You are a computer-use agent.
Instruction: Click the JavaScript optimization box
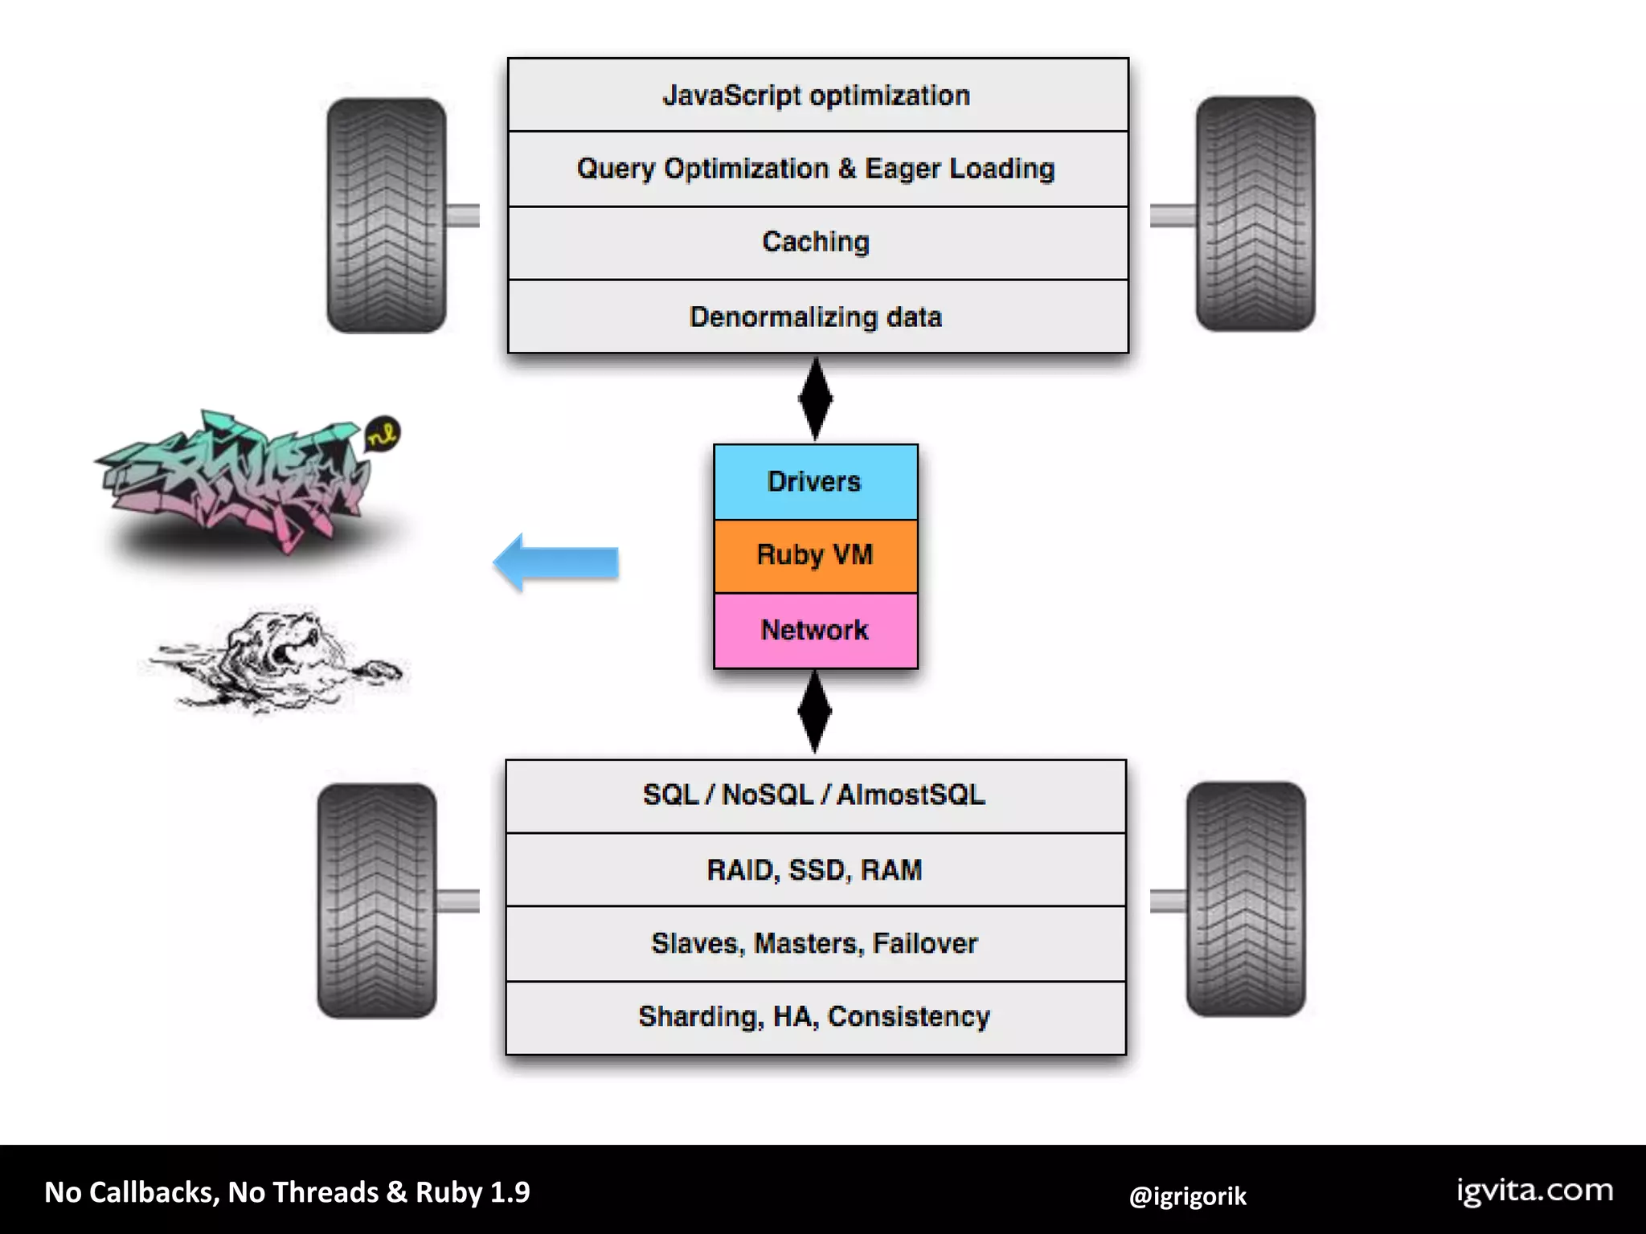coord(817,95)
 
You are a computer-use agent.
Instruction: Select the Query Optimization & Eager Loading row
coord(817,169)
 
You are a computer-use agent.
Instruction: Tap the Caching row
coord(817,243)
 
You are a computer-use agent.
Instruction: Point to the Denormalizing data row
coord(817,317)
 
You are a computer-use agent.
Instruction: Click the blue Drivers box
coord(815,481)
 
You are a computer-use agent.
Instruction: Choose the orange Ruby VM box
coord(815,555)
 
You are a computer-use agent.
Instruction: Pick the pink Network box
coord(815,630)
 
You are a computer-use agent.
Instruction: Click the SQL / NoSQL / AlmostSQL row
coord(815,795)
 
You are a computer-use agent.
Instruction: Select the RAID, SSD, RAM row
coord(815,869)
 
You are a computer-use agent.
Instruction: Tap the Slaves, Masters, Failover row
coord(815,943)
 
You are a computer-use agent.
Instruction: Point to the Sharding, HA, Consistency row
coord(815,1017)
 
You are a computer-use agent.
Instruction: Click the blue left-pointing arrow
coord(555,562)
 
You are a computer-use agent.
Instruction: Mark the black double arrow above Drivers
coord(816,398)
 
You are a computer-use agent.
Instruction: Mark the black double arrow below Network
coord(815,712)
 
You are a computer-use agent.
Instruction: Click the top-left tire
coord(387,215)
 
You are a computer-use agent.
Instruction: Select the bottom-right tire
coord(1246,900)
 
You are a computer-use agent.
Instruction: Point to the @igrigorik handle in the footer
coord(1187,1196)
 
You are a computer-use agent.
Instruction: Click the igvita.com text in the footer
coord(1534,1191)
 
